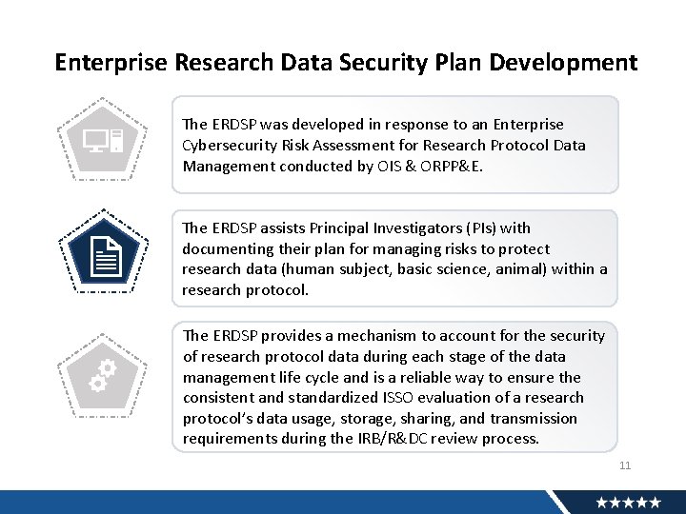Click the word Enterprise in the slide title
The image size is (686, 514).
[111, 63]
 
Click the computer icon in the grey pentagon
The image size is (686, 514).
[103, 144]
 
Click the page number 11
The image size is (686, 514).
[625, 465]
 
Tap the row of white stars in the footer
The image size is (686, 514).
[629, 502]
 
